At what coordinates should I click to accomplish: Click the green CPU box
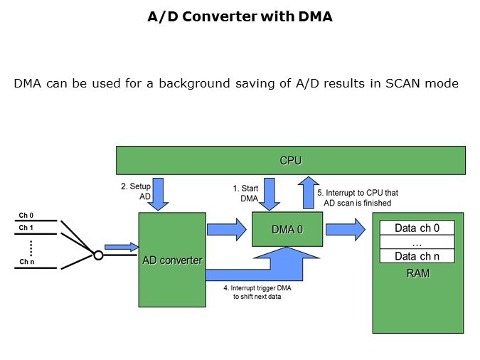tap(290, 160)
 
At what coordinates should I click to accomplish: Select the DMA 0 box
tap(287, 230)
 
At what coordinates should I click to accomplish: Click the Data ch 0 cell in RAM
tap(417, 229)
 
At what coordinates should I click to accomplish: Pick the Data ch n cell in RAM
tap(417, 256)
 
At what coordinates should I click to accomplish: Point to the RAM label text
tap(417, 272)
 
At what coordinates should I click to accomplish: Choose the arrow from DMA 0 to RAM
tap(346, 230)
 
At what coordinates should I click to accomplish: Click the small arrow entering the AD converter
tap(120, 247)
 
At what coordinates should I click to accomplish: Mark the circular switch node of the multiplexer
tap(98, 255)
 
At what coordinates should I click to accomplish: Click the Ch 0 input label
tap(26, 214)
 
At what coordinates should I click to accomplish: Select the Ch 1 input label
tap(26, 227)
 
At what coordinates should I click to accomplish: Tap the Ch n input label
tap(26, 263)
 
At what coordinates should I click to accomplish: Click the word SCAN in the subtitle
tap(402, 84)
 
